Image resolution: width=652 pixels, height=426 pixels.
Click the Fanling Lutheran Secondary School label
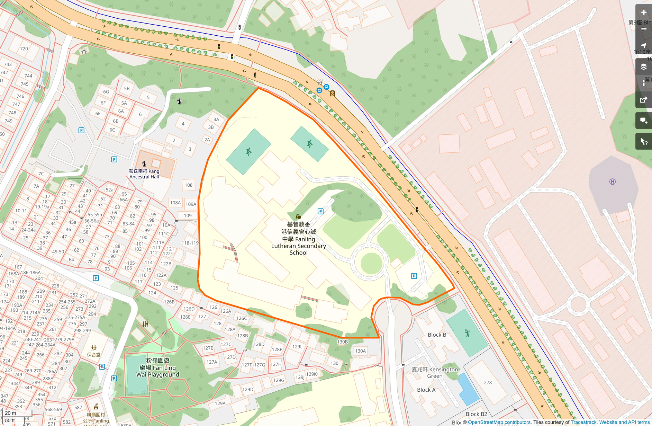pyautogui.click(x=298, y=239)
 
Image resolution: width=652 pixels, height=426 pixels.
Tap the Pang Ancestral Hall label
pyautogui.click(x=144, y=174)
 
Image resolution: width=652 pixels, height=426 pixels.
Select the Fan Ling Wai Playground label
pyautogui.click(x=158, y=367)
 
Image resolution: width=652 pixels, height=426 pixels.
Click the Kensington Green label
pyautogui.click(x=435, y=373)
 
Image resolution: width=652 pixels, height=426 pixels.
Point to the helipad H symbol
pyautogui.click(x=612, y=182)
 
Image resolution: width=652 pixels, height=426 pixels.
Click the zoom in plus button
pyautogui.click(x=643, y=13)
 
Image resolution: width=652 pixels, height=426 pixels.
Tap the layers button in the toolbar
pyautogui.click(x=643, y=67)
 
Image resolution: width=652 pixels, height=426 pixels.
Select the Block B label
pyautogui.click(x=437, y=335)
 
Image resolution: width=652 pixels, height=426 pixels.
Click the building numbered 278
pyautogui.click(x=488, y=383)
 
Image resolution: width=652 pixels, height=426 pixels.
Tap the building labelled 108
pyautogui.click(x=188, y=185)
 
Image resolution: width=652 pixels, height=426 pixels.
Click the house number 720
pyautogui.click(x=24, y=49)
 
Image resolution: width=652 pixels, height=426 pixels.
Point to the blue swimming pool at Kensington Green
pyautogui.click(x=468, y=390)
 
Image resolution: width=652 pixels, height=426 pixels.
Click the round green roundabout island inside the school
pyautogui.click(x=371, y=263)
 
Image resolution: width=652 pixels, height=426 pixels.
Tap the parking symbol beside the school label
pyautogui.click(x=320, y=211)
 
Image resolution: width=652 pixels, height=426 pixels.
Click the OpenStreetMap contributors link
pyautogui.click(x=499, y=422)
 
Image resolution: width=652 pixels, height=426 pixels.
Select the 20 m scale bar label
pyautogui.click(x=10, y=413)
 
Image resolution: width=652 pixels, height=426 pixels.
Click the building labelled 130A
pyautogui.click(x=360, y=351)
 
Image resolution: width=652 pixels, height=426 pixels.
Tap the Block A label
pyautogui.click(x=426, y=390)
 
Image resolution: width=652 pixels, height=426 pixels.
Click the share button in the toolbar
pyautogui.click(x=643, y=100)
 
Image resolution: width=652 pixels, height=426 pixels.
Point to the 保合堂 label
pyautogui.click(x=93, y=355)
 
